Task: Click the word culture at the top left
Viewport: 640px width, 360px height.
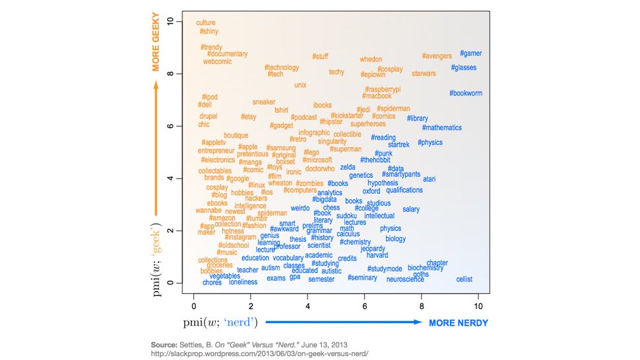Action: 206,22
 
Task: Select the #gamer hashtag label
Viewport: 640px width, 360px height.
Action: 470,53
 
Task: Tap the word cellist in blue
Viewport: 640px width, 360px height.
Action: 464,280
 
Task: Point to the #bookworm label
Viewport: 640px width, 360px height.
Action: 466,94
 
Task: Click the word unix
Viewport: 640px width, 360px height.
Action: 300,85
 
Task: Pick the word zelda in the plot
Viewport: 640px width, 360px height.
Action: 348,167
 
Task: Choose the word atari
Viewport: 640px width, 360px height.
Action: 429,179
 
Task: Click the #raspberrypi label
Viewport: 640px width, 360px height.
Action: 383,89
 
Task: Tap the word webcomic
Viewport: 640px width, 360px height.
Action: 217,61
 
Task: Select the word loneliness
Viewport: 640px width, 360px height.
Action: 243,282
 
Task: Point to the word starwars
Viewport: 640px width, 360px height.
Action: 424,74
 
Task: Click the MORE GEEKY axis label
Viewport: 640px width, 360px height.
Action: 157,45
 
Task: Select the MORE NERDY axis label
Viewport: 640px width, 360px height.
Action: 459,323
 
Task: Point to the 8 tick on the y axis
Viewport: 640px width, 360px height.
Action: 170,74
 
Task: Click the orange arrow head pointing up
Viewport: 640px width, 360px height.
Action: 157,84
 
